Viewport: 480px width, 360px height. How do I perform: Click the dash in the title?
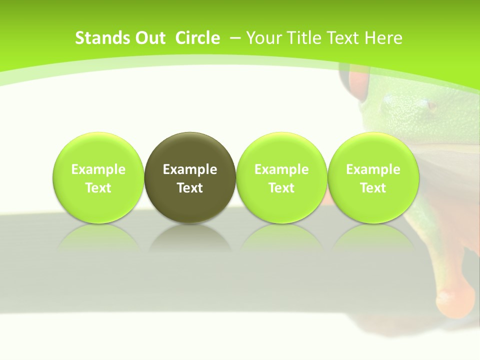pos(235,38)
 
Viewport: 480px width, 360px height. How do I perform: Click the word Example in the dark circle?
pos(190,169)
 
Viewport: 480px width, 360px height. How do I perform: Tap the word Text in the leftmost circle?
pos(98,188)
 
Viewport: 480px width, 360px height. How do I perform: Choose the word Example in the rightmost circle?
pos(373,169)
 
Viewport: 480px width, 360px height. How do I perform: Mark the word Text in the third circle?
pos(281,188)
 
